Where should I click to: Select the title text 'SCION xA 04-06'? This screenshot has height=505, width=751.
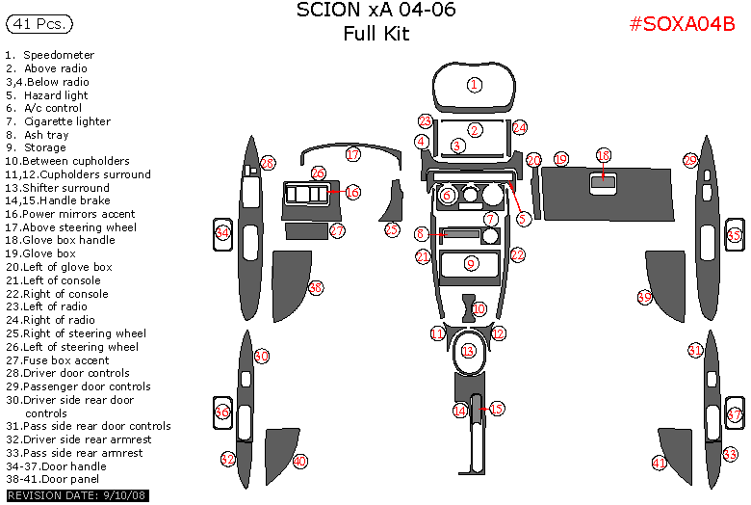(x=376, y=11)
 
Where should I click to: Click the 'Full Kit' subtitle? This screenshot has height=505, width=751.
(x=376, y=35)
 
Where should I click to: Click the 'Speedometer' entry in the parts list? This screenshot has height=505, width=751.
(x=58, y=55)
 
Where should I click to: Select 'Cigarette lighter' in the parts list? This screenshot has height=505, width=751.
(x=66, y=121)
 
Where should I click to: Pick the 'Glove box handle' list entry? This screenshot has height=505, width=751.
(x=67, y=240)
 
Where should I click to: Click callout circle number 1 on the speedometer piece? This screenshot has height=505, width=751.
(x=475, y=85)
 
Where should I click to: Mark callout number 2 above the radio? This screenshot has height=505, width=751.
(x=475, y=130)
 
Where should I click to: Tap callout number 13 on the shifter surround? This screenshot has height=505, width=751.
(x=469, y=351)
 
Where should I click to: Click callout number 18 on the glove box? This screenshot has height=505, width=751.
(x=604, y=155)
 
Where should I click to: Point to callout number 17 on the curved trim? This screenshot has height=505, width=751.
(x=353, y=155)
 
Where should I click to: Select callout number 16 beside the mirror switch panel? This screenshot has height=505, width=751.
(x=352, y=193)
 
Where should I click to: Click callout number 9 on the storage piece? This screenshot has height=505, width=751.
(x=471, y=263)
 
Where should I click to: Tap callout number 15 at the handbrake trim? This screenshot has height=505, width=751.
(x=496, y=409)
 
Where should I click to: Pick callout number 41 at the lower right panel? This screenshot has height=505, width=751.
(x=660, y=464)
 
